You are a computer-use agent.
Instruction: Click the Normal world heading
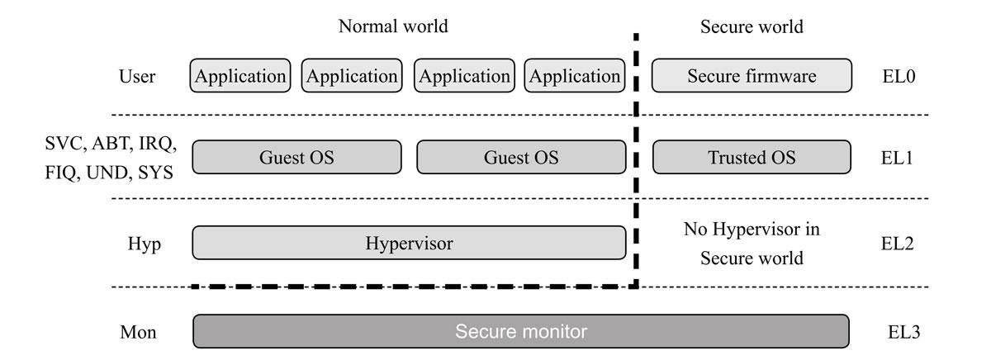point(393,26)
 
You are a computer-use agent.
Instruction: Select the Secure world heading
point(752,26)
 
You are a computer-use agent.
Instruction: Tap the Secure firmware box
point(751,76)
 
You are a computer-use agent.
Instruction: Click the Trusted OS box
point(751,157)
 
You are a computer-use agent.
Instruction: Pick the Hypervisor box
point(410,243)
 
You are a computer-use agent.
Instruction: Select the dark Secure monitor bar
point(520,332)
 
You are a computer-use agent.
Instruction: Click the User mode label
point(137,77)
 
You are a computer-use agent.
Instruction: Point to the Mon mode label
point(137,333)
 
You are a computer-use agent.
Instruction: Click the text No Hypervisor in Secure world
point(752,244)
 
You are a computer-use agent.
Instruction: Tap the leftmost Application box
point(240,76)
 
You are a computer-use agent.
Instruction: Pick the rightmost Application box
point(575,76)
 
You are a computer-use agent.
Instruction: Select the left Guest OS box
point(297,157)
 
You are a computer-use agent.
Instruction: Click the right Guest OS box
point(521,157)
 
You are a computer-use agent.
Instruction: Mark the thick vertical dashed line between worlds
point(636,165)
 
